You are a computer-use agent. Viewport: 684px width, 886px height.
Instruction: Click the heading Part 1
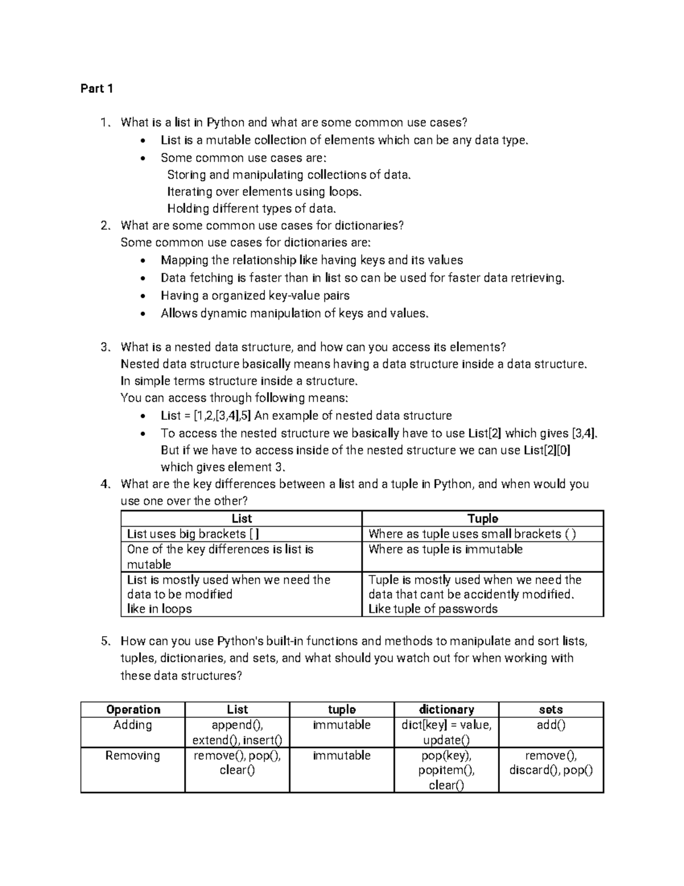pos(97,88)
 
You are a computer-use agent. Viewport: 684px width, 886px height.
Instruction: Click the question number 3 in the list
pos(104,347)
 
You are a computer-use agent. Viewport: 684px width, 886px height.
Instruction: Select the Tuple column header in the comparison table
pos(482,519)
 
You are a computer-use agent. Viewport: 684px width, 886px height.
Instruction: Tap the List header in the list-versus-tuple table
pos(242,519)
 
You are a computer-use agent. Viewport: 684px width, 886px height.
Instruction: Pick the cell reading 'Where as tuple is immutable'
pos(445,549)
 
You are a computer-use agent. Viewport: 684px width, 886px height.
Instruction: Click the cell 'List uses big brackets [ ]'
pos(193,534)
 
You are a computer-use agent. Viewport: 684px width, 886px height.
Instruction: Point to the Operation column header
pos(133,710)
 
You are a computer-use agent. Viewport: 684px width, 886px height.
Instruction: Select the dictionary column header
pos(446,710)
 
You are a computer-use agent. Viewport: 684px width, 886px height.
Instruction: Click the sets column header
pos(551,710)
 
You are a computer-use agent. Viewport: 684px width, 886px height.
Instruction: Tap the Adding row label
pos(133,725)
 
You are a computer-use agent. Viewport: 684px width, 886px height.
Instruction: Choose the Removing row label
pos(133,756)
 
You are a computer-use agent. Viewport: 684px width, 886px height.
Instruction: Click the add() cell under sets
pos(551,725)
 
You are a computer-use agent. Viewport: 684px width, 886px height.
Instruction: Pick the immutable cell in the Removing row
pos(341,756)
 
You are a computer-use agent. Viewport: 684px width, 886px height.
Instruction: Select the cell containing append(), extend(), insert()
pos(237,733)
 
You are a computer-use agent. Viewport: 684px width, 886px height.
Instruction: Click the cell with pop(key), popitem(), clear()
pos(446,770)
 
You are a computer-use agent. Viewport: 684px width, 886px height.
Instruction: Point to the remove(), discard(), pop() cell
pos(551,763)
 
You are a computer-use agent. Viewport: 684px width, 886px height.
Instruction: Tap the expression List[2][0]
pos(547,450)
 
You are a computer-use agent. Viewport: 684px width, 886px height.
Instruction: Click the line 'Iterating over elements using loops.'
pos(264,192)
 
